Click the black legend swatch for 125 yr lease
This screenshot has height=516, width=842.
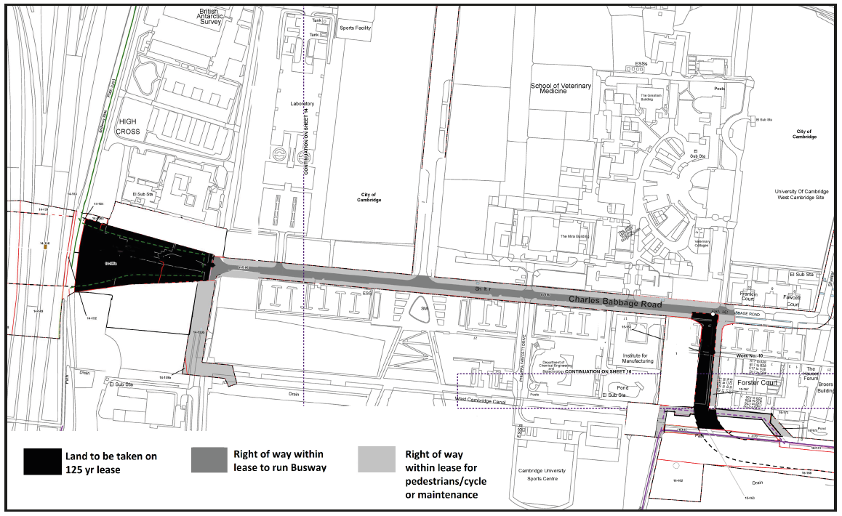click(43, 461)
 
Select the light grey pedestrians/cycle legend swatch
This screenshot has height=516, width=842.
click(377, 460)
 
